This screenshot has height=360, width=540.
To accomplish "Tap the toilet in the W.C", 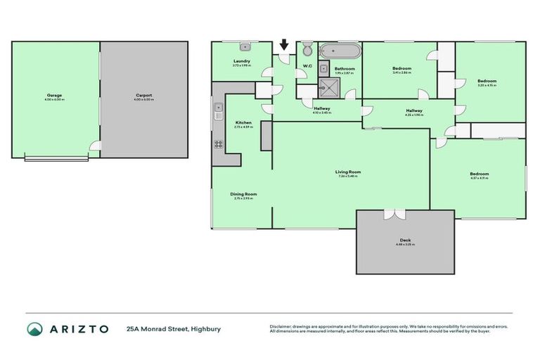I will click(307, 51).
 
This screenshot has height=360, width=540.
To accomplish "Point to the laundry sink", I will click(245, 48).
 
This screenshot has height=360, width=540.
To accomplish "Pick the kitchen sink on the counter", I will click(218, 111).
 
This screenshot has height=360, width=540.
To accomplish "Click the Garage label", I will click(54, 95).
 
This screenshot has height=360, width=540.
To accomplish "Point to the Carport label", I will click(143, 95).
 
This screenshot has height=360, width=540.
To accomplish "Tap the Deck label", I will click(405, 240).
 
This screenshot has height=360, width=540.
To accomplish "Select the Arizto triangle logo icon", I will click(34, 329).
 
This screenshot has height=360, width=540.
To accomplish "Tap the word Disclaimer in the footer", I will click(280, 326).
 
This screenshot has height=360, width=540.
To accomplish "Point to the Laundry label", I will click(242, 61).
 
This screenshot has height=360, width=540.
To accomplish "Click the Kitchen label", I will click(243, 122).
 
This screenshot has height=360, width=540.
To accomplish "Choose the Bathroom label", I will click(344, 68).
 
